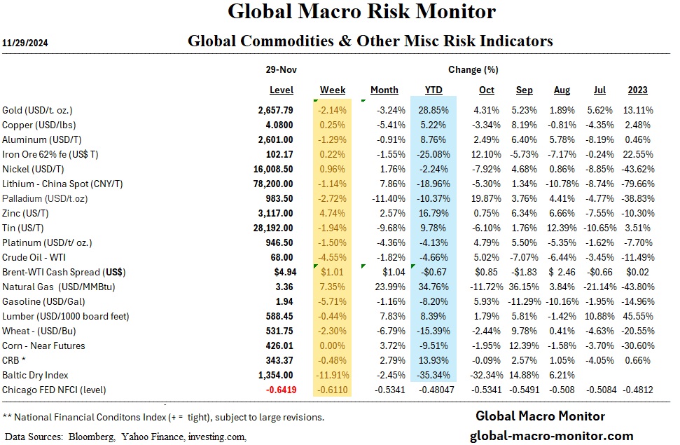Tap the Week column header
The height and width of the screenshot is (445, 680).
pos(333,90)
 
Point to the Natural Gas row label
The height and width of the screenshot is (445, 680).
pos(49,287)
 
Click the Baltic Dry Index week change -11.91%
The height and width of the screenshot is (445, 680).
pos(332,375)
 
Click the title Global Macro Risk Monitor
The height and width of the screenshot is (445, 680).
pos(362,12)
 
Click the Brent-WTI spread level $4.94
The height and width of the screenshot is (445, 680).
pos(280,272)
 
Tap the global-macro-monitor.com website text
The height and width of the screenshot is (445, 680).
pos(551,435)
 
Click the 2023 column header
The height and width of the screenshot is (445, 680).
pos(637,90)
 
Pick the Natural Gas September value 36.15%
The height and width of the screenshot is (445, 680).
pos(524,287)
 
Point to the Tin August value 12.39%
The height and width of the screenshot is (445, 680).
pos(561,228)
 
